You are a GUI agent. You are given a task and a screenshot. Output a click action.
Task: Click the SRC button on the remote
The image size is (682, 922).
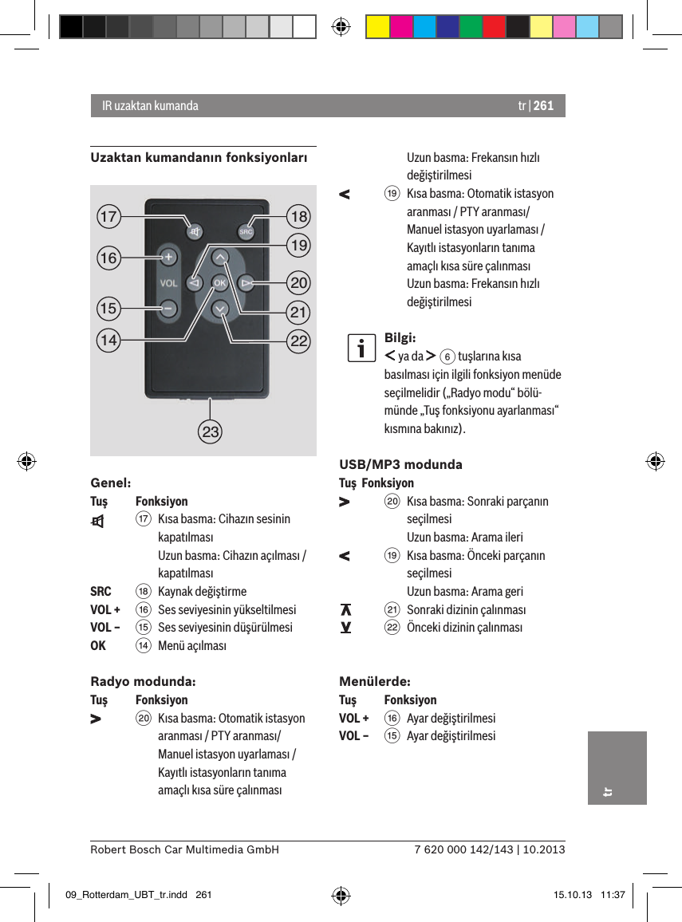[x=246, y=232]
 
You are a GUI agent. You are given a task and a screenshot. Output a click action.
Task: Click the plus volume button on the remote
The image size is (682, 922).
[x=168, y=257]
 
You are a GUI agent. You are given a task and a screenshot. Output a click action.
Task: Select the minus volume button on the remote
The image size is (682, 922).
[x=168, y=307]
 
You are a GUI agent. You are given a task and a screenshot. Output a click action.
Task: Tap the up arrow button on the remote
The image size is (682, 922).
[x=220, y=256]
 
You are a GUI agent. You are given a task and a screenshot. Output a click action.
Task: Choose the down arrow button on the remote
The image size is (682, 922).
[x=220, y=309]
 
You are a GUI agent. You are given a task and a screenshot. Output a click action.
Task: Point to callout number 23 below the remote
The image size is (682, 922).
[x=211, y=433]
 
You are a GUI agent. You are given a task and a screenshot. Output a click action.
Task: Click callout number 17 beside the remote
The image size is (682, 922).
[x=108, y=216]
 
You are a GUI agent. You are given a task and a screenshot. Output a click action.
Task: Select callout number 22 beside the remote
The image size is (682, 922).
[x=299, y=341]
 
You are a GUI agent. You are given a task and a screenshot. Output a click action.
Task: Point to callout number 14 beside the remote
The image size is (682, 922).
[x=108, y=341]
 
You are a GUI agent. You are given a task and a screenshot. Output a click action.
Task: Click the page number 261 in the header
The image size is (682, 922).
[x=543, y=105]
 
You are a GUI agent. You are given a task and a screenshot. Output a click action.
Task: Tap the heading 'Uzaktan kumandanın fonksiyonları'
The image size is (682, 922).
[x=199, y=158]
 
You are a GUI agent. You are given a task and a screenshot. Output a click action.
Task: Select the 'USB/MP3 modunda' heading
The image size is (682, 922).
[x=400, y=464]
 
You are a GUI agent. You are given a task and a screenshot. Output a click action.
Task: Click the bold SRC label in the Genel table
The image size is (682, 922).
[x=101, y=592]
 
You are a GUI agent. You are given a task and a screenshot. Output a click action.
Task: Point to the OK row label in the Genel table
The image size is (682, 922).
[x=98, y=645]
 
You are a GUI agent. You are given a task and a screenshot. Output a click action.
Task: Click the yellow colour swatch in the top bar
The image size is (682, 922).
[x=377, y=27]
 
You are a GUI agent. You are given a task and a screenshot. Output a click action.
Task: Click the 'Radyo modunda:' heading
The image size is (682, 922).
[x=143, y=682]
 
